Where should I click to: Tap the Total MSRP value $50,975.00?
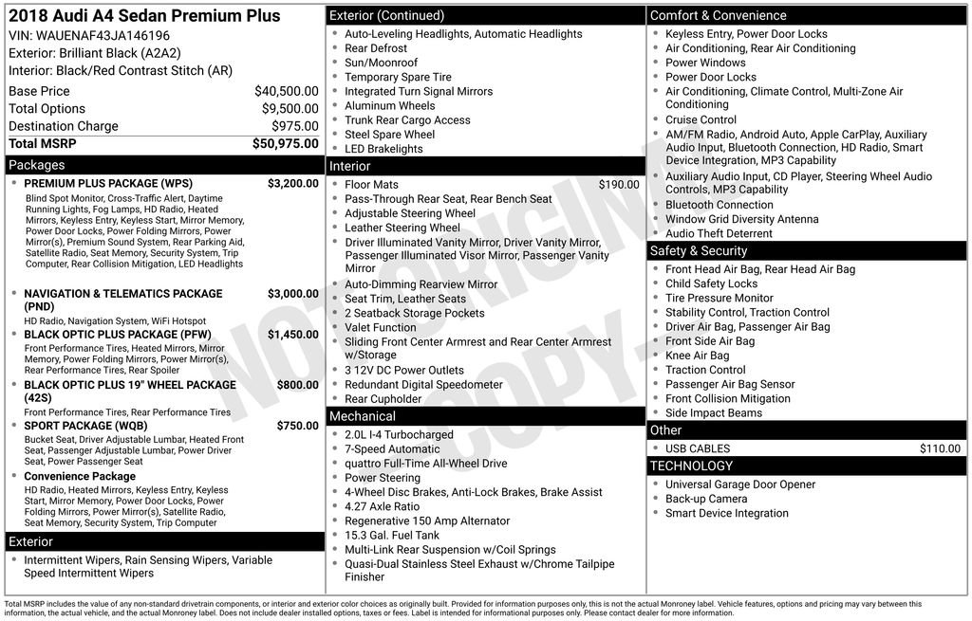[x=286, y=144]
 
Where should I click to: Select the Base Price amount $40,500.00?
[x=287, y=91]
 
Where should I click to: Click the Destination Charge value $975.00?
[x=295, y=126]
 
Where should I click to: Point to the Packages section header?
[x=37, y=165]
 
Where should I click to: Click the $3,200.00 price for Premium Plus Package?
[x=293, y=183]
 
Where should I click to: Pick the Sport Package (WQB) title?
[x=85, y=426]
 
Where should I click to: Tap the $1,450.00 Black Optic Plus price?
[x=293, y=335]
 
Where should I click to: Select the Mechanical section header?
[x=362, y=416]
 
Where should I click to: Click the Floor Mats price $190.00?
[x=619, y=185]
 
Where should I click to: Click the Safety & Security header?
[x=698, y=251]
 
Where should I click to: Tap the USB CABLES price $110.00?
[x=940, y=448]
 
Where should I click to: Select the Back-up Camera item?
[x=706, y=499]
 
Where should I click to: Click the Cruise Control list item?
[x=701, y=119]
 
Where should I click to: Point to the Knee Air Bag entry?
[x=697, y=356]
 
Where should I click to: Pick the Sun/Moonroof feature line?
[x=381, y=63]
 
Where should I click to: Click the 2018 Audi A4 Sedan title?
[x=144, y=16]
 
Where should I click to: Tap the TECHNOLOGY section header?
[x=691, y=466]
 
